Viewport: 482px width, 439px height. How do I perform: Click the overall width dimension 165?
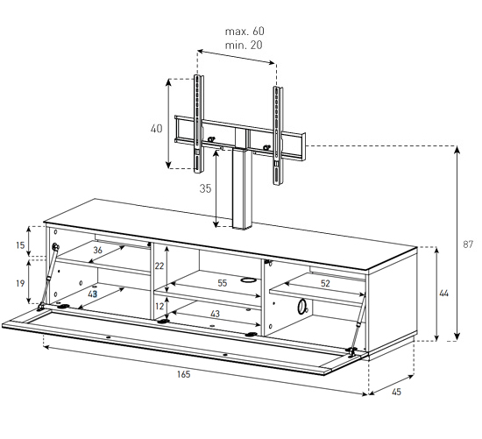point(183,374)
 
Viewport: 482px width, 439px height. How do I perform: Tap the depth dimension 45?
point(396,392)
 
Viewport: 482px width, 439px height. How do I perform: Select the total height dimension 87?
point(468,244)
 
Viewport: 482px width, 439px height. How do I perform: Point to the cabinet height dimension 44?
point(443,294)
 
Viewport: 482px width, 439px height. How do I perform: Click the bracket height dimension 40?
point(157,129)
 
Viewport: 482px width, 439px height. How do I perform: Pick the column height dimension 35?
point(205,188)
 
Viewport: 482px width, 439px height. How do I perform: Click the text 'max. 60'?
point(245,31)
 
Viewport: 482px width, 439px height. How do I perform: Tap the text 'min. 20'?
point(244,46)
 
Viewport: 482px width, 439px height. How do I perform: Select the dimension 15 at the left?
point(20,245)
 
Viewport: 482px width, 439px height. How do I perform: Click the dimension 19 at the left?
point(20,283)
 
